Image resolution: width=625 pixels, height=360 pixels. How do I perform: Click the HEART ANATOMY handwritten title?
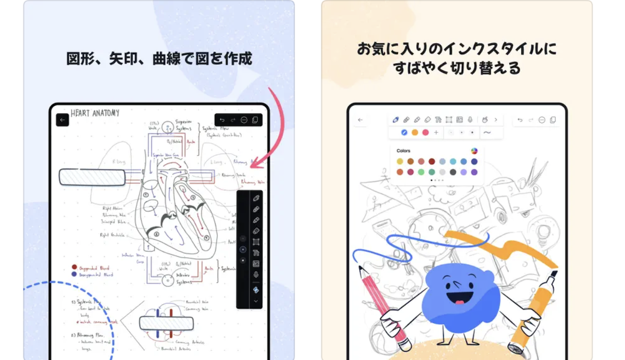coord(95,113)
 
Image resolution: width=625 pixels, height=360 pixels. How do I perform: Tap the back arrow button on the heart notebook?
coord(63,120)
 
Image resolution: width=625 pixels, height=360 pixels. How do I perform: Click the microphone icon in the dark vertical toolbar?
coord(256,275)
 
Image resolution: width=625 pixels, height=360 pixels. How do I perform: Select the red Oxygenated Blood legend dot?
coord(74,267)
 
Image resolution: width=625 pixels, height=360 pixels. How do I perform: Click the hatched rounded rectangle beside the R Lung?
coord(92,177)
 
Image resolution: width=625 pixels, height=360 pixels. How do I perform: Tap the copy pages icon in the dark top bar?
coord(255,120)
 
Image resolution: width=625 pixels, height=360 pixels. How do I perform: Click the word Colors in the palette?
coord(403,151)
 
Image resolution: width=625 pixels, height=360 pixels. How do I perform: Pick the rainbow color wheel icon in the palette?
coord(474,151)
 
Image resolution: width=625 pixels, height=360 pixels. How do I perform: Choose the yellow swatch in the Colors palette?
coord(400,162)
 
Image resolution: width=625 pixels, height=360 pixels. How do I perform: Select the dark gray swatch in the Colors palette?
coord(453,172)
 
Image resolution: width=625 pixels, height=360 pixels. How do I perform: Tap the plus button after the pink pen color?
coord(436,132)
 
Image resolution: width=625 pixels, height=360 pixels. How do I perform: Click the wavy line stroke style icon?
coord(487,132)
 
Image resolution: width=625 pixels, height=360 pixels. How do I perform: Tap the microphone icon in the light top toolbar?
coord(470,120)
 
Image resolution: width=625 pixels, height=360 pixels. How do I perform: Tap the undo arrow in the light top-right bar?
coord(520,120)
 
